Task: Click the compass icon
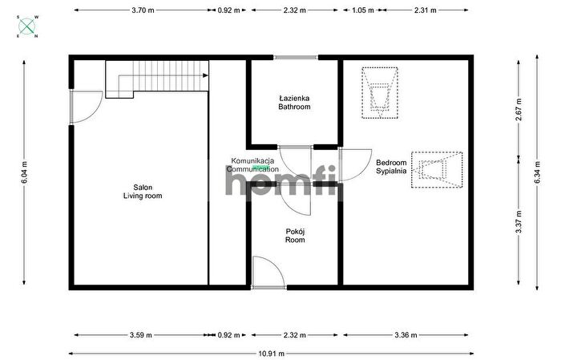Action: pyautogui.click(x=27, y=26)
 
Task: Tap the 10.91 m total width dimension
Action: pyautogui.click(x=271, y=354)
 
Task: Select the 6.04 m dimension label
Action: pyautogui.click(x=24, y=172)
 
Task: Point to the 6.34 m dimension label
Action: pyautogui.click(x=537, y=172)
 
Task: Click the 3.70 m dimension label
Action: pyautogui.click(x=143, y=10)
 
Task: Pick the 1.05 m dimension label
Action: pyautogui.click(x=363, y=10)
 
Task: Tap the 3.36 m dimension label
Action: pyautogui.click(x=406, y=335)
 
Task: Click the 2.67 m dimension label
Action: pyautogui.click(x=519, y=109)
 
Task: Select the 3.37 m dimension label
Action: pyautogui.click(x=519, y=222)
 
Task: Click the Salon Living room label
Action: pyautogui.click(x=143, y=192)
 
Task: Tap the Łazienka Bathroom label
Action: pyautogui.click(x=294, y=103)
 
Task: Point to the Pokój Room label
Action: pyautogui.click(x=295, y=236)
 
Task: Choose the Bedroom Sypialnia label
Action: pyautogui.click(x=391, y=167)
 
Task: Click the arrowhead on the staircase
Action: pyautogui.click(x=205, y=75)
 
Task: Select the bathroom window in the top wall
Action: pyautogui.click(x=296, y=57)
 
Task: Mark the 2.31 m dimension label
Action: pyautogui.click(x=426, y=10)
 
